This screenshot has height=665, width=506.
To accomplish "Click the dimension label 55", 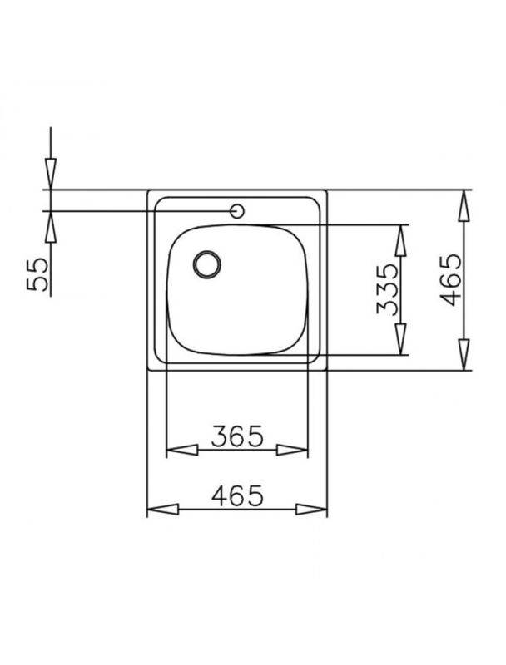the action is [37, 274].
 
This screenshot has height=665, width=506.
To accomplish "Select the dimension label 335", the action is [388, 288].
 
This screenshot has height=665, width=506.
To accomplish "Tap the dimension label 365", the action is [237, 436].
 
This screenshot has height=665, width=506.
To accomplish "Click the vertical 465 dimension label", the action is [450, 279].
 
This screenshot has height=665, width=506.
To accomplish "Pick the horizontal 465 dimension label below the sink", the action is [237, 495].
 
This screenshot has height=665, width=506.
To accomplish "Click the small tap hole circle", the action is [237, 211].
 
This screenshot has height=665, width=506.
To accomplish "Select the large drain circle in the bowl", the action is [207, 264].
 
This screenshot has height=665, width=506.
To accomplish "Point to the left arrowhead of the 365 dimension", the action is [182, 450].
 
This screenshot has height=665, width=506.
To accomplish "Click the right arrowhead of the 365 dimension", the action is [291, 450].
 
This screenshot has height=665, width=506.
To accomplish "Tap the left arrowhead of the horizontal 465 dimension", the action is [163, 509].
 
